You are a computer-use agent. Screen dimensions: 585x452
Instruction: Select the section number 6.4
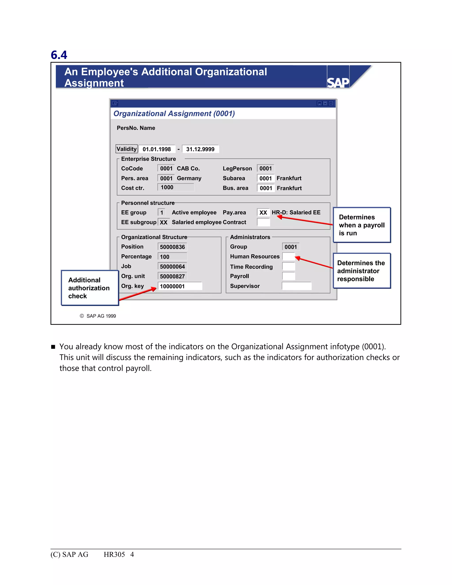click(59, 55)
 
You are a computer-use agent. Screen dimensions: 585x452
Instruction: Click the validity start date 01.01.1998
click(157, 149)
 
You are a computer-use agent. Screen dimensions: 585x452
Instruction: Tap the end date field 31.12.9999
click(200, 149)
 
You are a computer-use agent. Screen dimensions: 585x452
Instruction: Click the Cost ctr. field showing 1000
click(176, 187)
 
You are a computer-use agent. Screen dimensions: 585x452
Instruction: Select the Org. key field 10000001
click(180, 286)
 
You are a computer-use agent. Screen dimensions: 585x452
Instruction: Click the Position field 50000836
click(172, 247)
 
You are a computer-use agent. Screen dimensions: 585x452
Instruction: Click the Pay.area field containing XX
click(263, 213)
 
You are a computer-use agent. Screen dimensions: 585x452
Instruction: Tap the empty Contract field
click(263, 222)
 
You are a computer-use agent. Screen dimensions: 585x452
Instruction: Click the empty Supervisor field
click(297, 286)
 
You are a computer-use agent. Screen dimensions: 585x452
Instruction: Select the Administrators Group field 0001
click(290, 247)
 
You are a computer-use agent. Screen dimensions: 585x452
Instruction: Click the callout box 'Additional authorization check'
click(90, 288)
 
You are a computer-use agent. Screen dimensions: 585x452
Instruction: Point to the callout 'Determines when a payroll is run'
click(362, 225)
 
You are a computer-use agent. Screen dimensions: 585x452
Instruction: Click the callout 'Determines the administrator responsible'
click(362, 271)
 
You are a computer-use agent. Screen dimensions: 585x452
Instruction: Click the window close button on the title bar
click(331, 103)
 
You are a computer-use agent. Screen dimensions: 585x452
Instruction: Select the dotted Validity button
click(127, 149)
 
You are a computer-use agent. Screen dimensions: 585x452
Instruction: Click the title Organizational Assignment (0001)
click(174, 113)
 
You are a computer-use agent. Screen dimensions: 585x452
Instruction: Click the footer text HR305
click(114, 555)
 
